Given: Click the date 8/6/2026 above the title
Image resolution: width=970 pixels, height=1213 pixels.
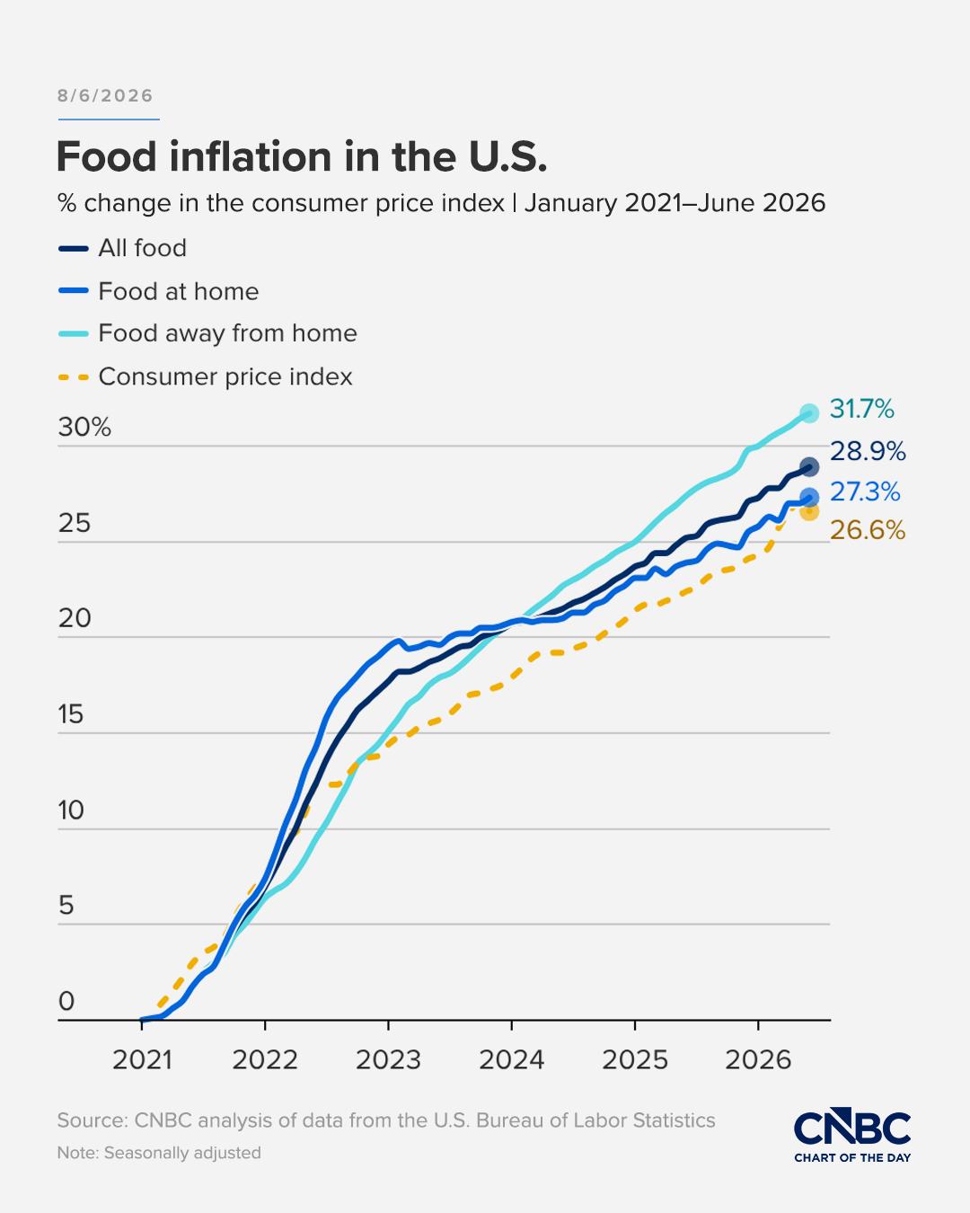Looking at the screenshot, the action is (105, 96).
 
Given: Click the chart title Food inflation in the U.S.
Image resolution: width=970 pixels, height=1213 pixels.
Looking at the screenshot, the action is (302, 156).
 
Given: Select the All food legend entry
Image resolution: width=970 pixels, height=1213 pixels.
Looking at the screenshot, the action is (122, 248).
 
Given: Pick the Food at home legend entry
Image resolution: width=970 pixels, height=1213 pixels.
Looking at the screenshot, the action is (158, 291).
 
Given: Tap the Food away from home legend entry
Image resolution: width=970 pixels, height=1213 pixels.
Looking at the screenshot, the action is (207, 333).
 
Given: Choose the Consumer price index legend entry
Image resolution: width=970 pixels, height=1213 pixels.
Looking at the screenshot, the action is (205, 376).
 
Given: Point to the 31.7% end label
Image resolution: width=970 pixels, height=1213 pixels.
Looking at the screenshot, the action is (862, 409).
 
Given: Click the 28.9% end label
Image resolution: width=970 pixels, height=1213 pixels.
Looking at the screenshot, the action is (868, 451).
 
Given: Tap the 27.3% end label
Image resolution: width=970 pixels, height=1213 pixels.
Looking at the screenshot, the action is (865, 492).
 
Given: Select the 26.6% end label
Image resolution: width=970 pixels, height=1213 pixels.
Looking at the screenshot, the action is (868, 530).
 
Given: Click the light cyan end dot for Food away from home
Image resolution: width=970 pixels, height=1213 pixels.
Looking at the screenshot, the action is (809, 413).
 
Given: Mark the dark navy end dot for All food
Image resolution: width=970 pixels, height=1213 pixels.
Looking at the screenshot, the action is (809, 467).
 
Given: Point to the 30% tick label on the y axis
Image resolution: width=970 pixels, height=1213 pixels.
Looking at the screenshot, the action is (84, 428).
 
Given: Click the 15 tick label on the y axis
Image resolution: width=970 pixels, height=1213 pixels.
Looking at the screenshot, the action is (70, 714).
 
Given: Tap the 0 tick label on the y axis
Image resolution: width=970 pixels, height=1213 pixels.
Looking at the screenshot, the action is (66, 1002).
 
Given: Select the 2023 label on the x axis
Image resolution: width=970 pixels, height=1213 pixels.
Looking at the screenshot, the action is (388, 1060).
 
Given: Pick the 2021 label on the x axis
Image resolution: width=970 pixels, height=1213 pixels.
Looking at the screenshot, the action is (142, 1060).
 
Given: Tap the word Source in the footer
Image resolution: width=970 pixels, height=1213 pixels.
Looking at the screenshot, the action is (93, 1120).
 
